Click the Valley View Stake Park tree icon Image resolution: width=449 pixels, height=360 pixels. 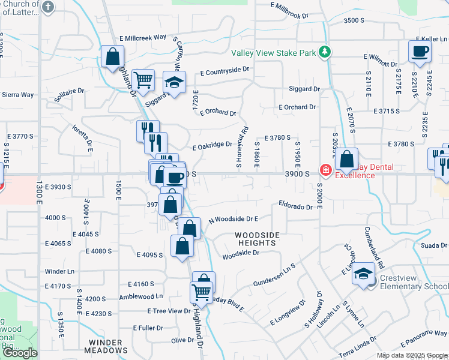pyautogui.click(x=325, y=52)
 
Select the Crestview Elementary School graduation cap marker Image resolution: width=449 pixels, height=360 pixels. pyautogui.click(x=363, y=274)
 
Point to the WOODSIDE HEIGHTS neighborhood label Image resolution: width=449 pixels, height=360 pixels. pyautogui.click(x=255, y=239)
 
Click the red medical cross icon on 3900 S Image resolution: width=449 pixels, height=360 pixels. pyautogui.click(x=326, y=171)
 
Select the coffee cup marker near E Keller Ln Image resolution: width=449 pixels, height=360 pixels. pyautogui.click(x=420, y=52)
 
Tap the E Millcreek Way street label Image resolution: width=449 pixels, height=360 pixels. pyautogui.click(x=142, y=37)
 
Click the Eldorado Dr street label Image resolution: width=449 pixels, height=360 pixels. pyautogui.click(x=296, y=207)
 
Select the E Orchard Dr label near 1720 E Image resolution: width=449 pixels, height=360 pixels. pyautogui.click(x=218, y=112)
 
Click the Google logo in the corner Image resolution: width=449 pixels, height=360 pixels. pyautogui.click(x=20, y=353)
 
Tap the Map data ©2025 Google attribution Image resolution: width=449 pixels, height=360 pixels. pyautogui.click(x=412, y=355)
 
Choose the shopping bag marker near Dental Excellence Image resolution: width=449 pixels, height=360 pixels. pyautogui.click(x=346, y=159)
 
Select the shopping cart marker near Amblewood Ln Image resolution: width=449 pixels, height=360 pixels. pyautogui.click(x=202, y=293)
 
